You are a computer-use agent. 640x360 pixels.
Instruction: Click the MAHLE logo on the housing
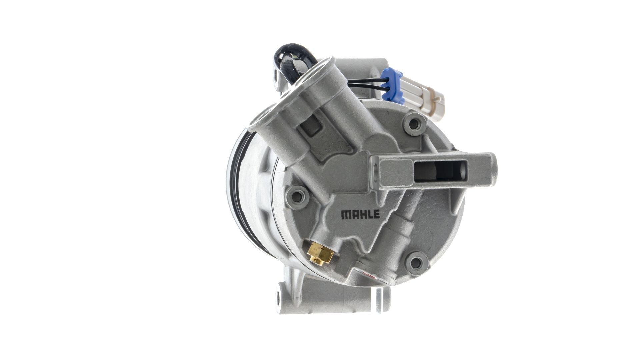click(x=360, y=214)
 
